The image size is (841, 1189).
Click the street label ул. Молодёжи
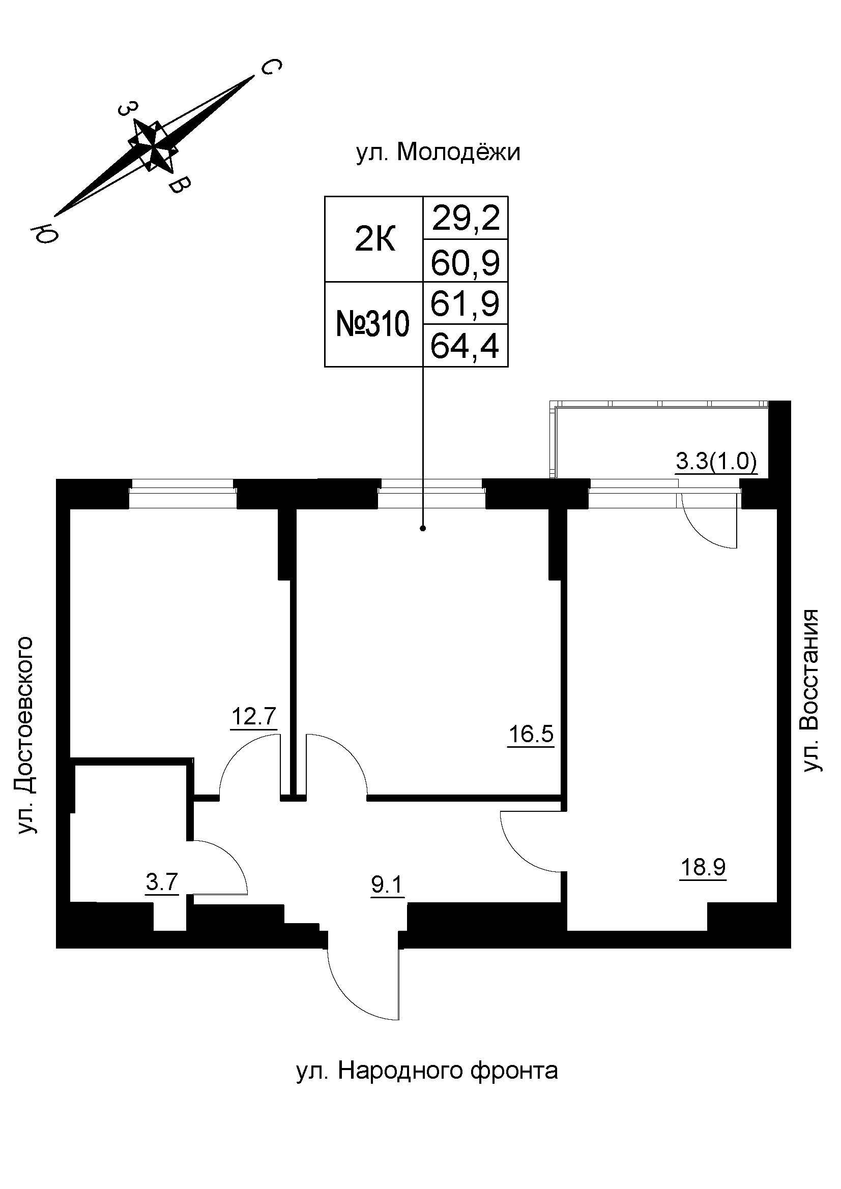click(x=438, y=154)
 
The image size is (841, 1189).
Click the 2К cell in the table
click(x=374, y=240)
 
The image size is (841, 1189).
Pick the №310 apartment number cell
click(x=373, y=325)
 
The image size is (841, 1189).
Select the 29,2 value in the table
click(x=466, y=218)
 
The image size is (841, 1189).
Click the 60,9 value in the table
click(x=466, y=262)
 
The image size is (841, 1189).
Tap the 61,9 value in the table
click(x=466, y=304)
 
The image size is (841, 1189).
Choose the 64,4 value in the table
click(x=466, y=347)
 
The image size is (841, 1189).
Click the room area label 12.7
click(x=254, y=717)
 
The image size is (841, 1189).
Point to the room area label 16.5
click(x=531, y=735)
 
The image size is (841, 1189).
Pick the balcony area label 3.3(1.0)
click(x=716, y=462)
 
